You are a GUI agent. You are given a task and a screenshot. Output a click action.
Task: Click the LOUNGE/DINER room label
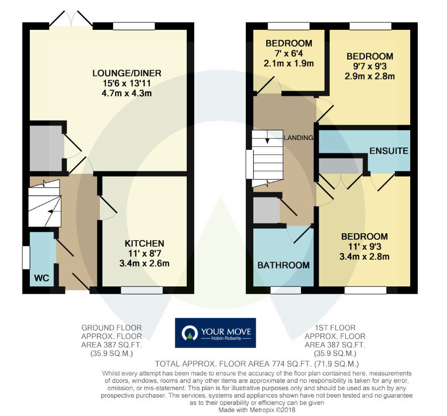pyautogui.click(x=127, y=73)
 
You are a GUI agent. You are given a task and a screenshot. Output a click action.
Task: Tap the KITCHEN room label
pyautogui.click(x=144, y=244)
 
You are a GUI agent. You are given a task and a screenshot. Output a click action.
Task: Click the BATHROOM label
pyautogui.click(x=283, y=265)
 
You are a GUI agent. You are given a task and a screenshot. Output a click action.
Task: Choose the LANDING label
pyautogui.click(x=298, y=138)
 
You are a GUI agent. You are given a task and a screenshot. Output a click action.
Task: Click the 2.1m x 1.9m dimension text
pyautogui.click(x=289, y=64)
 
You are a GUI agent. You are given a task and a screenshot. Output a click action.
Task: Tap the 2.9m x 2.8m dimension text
pyautogui.click(x=370, y=76)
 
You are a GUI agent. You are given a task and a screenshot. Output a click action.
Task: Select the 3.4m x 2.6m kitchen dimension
pyautogui.click(x=144, y=264)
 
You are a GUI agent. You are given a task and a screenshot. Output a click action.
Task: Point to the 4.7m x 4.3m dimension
pyautogui.click(x=127, y=93)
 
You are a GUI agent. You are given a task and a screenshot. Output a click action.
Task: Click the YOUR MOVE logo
pyautogui.click(x=215, y=333)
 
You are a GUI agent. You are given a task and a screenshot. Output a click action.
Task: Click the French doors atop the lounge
pyautogui.click(x=71, y=19)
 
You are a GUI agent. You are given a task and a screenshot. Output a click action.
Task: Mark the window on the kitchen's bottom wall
pyautogui.click(x=142, y=290)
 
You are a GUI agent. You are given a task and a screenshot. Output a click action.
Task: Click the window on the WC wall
pyautogui.click(x=25, y=257)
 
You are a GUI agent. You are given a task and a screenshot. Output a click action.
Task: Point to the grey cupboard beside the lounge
pyautogui.click(x=46, y=148)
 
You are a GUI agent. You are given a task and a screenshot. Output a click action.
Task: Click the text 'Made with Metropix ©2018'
pyautogui.click(x=258, y=411)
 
